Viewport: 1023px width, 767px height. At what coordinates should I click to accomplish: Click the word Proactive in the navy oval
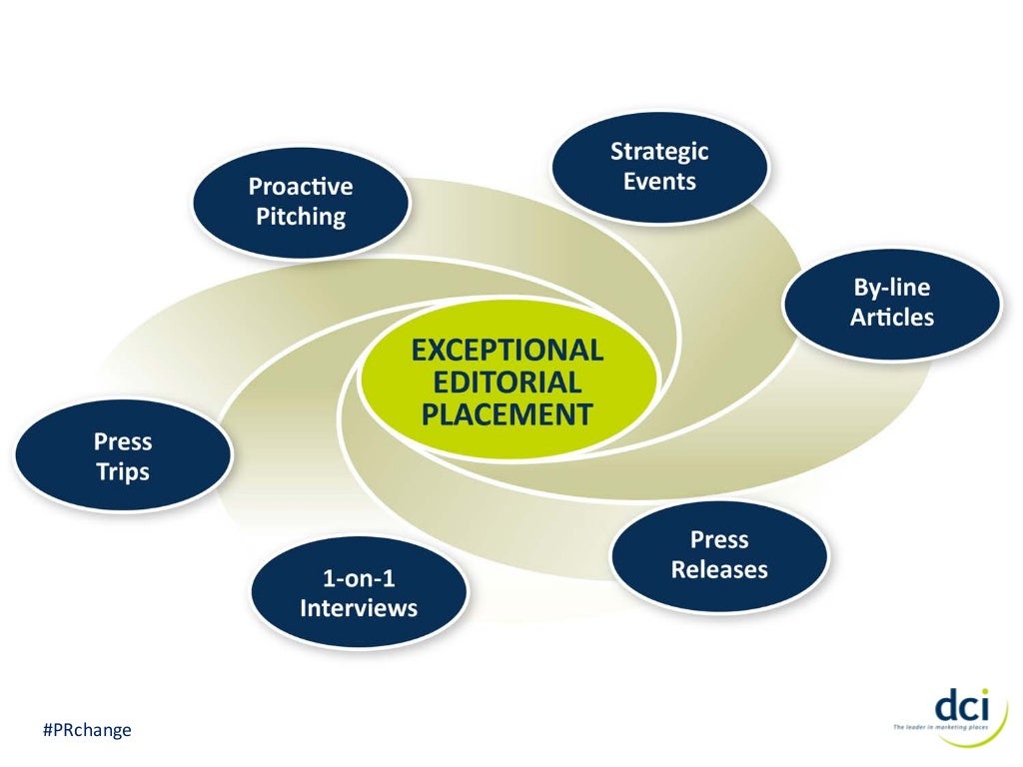[300, 187]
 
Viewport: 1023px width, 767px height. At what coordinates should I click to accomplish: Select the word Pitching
[300, 216]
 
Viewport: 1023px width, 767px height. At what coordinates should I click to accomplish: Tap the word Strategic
[659, 152]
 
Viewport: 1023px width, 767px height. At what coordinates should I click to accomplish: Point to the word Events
[659, 182]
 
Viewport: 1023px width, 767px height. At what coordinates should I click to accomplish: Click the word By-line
[891, 288]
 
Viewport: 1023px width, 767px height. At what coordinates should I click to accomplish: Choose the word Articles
[891, 318]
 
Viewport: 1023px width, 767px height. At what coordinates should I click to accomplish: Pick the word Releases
[719, 570]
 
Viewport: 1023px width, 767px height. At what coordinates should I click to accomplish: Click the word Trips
[122, 471]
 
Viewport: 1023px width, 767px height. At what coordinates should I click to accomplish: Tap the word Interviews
[359, 608]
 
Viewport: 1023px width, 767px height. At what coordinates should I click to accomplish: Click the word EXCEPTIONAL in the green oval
[508, 351]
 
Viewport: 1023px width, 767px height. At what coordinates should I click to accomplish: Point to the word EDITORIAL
[508, 382]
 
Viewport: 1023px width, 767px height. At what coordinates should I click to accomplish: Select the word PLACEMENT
[508, 413]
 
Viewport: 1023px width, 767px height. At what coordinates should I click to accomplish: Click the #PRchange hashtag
[87, 731]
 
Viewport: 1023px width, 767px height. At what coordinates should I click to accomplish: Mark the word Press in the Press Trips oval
[122, 441]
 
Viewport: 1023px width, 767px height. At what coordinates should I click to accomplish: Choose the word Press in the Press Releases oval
[719, 540]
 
